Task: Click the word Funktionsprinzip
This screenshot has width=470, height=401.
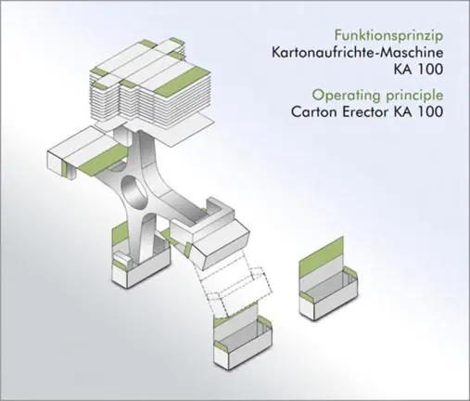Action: (x=389, y=36)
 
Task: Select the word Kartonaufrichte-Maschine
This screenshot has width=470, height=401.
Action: (x=358, y=52)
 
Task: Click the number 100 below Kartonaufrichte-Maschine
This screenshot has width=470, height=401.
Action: (x=430, y=70)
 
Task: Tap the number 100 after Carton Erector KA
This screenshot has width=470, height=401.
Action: (x=430, y=111)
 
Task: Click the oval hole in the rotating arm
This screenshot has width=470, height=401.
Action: (x=133, y=192)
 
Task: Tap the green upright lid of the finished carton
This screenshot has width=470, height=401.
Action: (x=322, y=251)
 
